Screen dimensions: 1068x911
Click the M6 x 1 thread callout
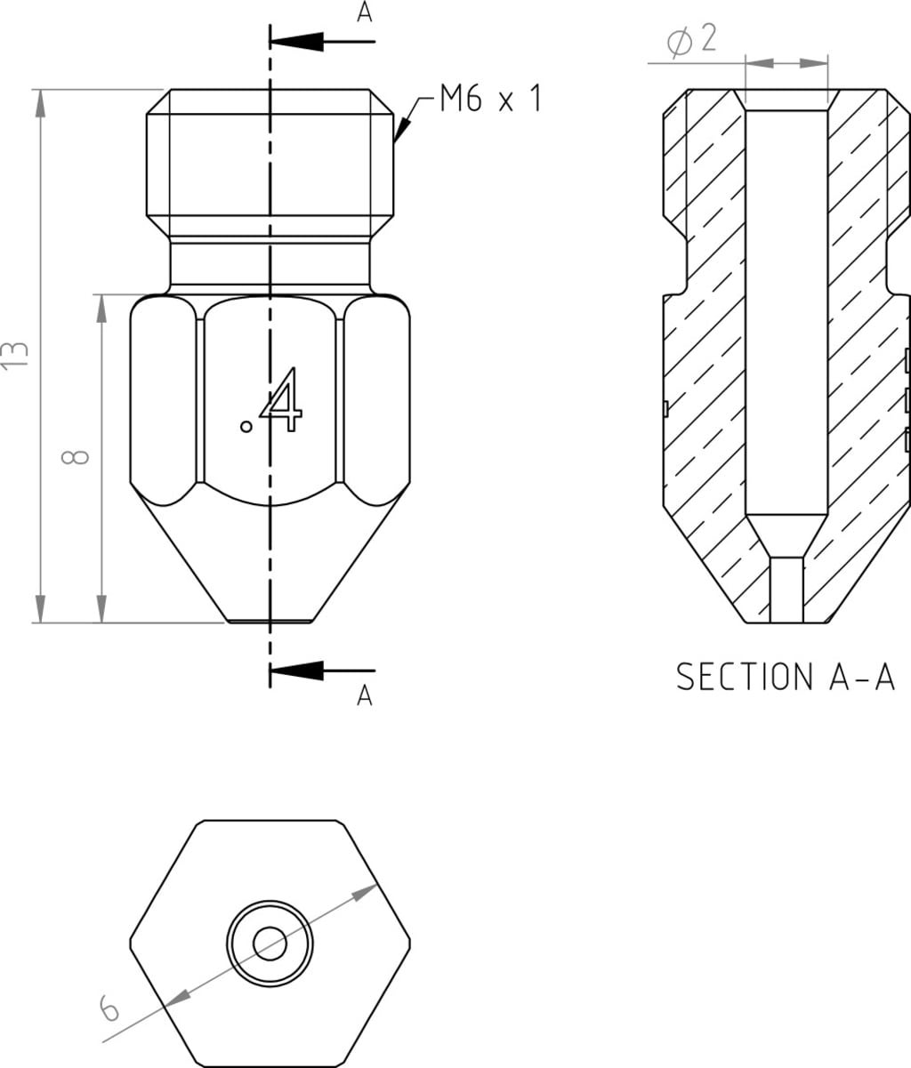[490, 99]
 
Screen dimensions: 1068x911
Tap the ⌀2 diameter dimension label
[691, 40]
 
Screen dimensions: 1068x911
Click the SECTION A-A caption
[785, 676]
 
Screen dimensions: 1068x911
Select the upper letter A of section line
[364, 13]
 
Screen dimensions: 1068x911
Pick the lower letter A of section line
[364, 696]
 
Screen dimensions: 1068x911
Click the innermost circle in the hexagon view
[270, 944]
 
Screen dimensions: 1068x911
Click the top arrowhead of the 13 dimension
[39, 101]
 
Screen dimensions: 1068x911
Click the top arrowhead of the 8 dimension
[101, 308]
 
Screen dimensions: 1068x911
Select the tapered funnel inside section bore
[786, 535]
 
